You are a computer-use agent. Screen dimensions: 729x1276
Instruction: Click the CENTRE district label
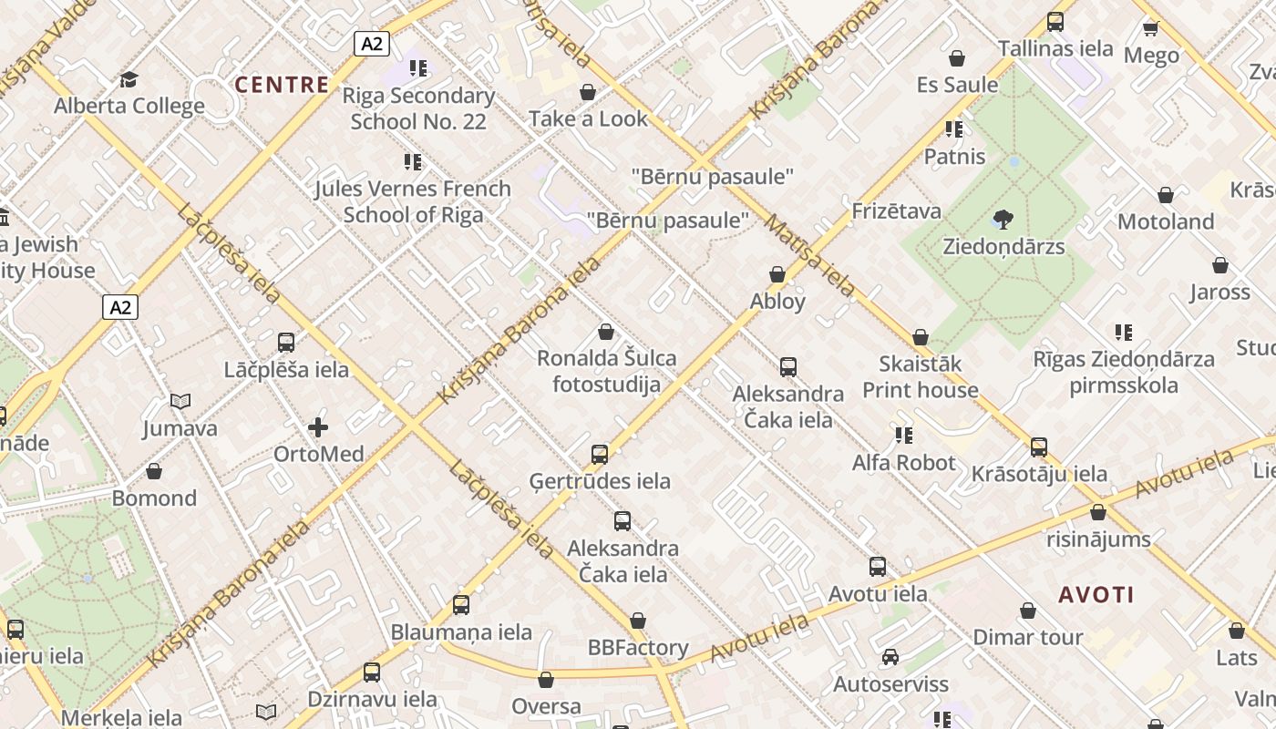click(282, 85)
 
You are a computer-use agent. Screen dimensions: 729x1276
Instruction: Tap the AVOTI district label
click(1096, 595)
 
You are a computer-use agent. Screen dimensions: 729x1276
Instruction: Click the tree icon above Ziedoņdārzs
click(1003, 219)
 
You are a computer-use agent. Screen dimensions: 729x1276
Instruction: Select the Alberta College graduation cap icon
click(129, 79)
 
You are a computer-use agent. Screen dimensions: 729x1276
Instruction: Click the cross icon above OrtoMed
click(318, 426)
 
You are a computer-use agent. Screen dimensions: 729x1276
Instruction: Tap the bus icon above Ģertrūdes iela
click(600, 454)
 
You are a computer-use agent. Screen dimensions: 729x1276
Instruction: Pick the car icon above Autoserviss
click(890, 657)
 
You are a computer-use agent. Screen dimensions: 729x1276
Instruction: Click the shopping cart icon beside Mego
click(1150, 28)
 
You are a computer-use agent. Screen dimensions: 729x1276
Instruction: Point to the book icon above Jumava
click(180, 401)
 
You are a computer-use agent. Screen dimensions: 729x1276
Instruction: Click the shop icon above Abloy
click(777, 274)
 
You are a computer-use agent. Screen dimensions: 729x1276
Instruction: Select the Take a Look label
click(588, 118)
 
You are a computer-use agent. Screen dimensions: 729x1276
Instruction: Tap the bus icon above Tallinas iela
click(1055, 21)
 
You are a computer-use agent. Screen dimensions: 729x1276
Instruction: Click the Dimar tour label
click(1028, 637)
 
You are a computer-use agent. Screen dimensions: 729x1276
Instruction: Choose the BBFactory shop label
click(638, 648)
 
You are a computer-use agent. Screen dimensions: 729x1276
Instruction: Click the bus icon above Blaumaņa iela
click(461, 604)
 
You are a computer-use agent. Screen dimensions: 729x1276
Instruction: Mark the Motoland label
click(1166, 221)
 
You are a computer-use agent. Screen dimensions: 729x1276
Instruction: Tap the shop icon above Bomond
click(154, 471)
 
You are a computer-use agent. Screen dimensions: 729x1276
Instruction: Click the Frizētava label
click(896, 211)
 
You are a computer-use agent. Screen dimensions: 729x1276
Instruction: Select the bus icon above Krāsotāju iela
click(1039, 447)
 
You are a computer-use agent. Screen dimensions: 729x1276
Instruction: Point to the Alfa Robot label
click(903, 463)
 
